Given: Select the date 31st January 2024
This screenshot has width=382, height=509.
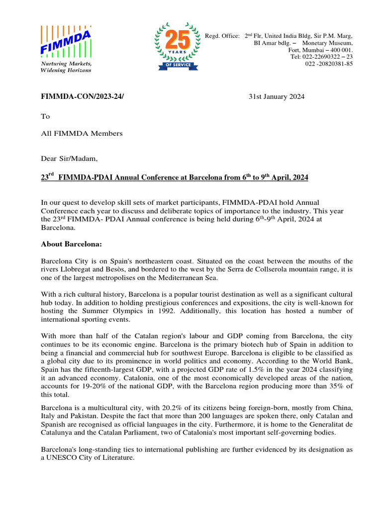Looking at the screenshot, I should click(x=277, y=97).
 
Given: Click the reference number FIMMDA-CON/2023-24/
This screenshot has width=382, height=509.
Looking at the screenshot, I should click(x=82, y=97).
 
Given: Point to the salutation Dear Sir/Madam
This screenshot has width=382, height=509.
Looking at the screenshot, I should click(x=69, y=159).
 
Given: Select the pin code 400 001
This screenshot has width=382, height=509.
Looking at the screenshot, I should click(x=340, y=50).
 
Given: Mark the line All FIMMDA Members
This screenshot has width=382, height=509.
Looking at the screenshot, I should click(x=82, y=133).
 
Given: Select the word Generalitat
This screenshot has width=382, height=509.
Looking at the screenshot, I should click(x=321, y=424).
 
